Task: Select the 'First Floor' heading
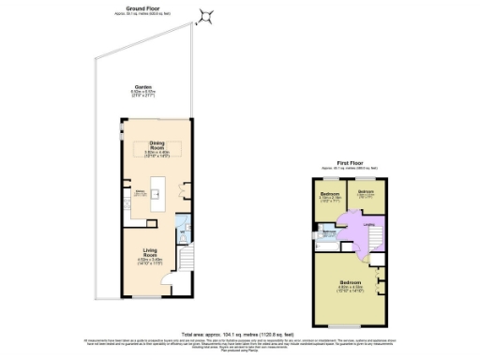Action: [x=349, y=162]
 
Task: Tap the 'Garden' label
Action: [x=144, y=87]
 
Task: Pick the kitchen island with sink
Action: [x=157, y=199]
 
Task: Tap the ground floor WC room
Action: [x=184, y=229]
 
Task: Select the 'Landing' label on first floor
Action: [x=369, y=223]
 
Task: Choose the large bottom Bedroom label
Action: [x=349, y=282]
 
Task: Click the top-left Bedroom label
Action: [x=328, y=194]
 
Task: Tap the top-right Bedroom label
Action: [x=366, y=191]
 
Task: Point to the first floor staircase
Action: [x=373, y=244]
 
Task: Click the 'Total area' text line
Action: [x=240, y=333]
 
